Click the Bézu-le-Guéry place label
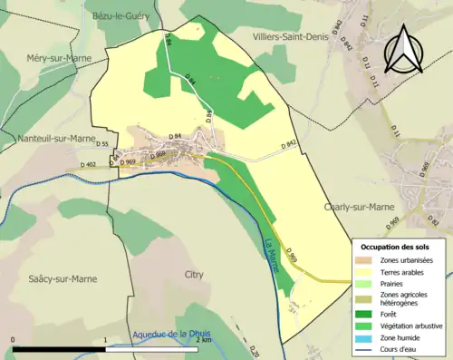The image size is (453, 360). click(x=126, y=16)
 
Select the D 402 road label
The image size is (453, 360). click(x=89, y=164)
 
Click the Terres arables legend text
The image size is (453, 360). click(x=406, y=270)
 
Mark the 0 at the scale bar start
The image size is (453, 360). click(x=14, y=340)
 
